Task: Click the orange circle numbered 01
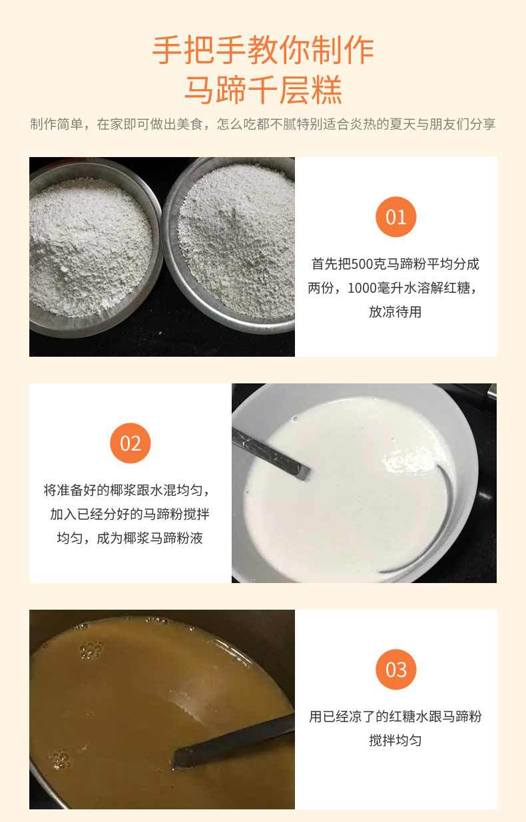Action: (395, 217)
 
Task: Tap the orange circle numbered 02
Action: (131, 443)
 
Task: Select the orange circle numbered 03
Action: (395, 670)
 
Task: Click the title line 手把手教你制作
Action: (263, 51)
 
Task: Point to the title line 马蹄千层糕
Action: (263, 90)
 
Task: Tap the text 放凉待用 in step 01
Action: (395, 312)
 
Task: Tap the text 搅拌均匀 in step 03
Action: (395, 741)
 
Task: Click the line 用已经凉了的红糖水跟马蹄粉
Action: (395, 717)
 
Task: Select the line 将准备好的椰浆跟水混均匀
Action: (131, 491)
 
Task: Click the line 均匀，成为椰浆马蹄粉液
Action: (131, 538)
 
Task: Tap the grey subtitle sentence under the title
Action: (263, 124)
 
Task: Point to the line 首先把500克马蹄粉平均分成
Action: (395, 264)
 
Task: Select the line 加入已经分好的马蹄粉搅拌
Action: (131, 514)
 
